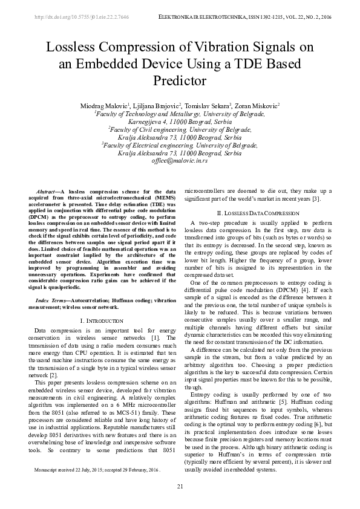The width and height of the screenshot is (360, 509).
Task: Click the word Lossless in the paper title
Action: pos(71,48)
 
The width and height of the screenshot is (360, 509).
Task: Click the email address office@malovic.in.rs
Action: pos(180,162)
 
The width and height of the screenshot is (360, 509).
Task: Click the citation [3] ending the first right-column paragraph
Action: pos(316,199)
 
